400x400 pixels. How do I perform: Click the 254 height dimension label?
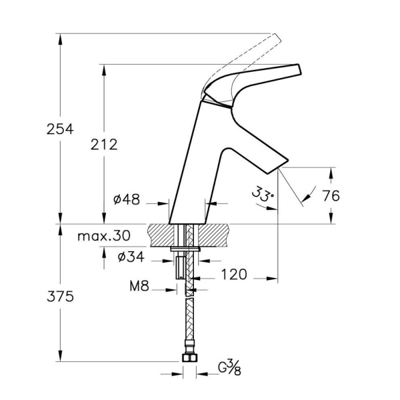(60, 129)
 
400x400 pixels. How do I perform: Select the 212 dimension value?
(104, 145)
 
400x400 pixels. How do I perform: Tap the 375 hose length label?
(60, 297)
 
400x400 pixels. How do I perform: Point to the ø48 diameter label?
(127, 199)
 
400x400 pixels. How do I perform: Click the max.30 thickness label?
(104, 236)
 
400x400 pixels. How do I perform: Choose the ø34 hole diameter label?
(131, 257)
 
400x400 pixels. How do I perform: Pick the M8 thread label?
(139, 286)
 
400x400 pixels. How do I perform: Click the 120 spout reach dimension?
(234, 275)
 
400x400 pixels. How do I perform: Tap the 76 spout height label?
(331, 196)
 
